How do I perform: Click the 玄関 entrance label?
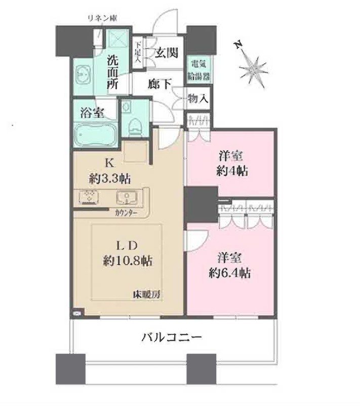pos(166,53)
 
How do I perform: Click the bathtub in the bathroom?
pos(95,135)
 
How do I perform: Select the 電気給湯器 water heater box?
pos(198,70)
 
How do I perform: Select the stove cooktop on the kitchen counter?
pos(89,197)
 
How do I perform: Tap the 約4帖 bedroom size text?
pos(230,171)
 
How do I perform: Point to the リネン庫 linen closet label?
pos(101,19)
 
